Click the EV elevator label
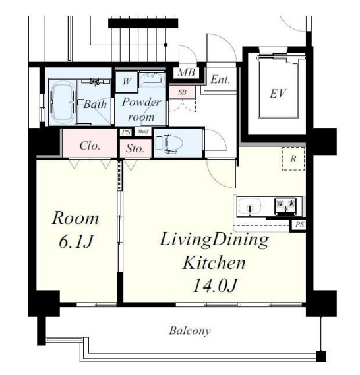coord(278,94)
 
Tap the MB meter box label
coord(187,72)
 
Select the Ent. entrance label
coord(220,80)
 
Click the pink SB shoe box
coord(182,92)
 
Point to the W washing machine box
coord(127,82)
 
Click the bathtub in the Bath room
coord(63,102)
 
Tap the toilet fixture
coord(169,144)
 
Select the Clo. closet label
coord(90,146)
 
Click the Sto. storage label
coord(135,148)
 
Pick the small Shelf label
coord(143,131)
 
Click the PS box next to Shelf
coord(125,132)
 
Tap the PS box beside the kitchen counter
coord(299,225)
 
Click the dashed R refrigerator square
coord(293,159)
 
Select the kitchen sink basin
coord(250,206)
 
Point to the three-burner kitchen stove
coord(285,206)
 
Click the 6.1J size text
coord(76,242)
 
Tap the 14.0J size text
coord(214,285)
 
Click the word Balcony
coord(190,331)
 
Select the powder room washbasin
coord(152,78)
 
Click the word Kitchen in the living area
coord(214,262)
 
